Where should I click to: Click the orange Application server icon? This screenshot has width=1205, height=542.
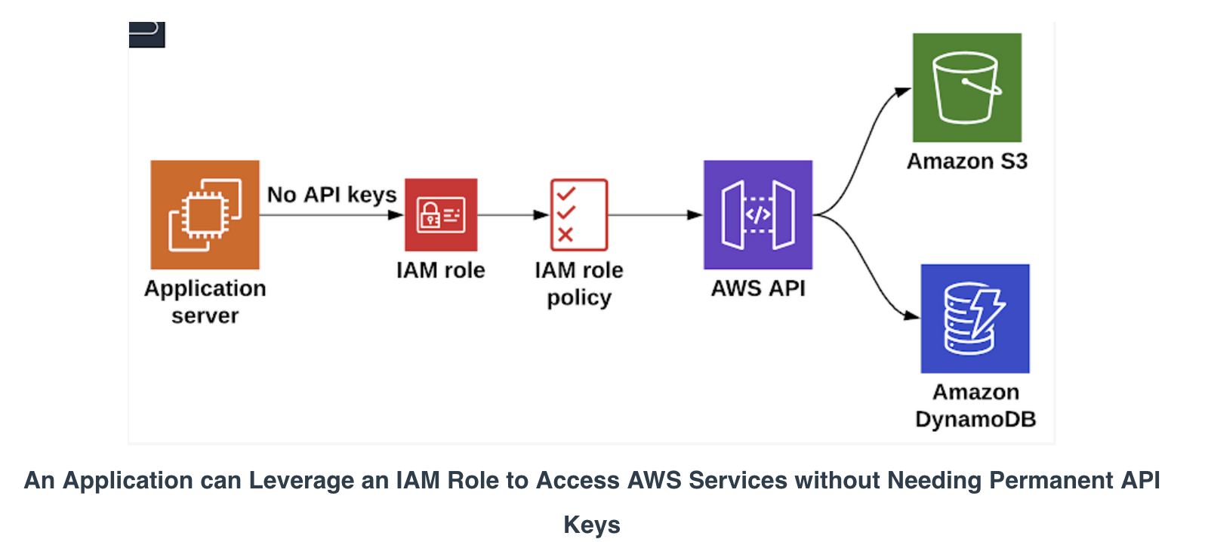(x=205, y=214)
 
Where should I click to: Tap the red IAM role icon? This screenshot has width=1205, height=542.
(x=441, y=214)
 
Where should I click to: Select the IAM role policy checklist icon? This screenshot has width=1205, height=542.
(x=579, y=214)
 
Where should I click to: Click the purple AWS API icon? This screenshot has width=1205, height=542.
(x=758, y=214)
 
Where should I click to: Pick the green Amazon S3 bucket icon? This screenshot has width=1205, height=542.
(x=966, y=88)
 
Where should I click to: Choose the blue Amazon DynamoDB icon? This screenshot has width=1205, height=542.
(x=975, y=318)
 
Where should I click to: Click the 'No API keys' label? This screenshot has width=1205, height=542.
(x=331, y=195)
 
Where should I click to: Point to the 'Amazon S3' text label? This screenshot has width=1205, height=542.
(x=966, y=162)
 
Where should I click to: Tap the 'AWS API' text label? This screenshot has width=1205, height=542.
(x=758, y=288)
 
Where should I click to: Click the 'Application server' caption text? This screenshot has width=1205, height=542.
(x=205, y=302)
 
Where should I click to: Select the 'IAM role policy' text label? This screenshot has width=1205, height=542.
(x=579, y=283)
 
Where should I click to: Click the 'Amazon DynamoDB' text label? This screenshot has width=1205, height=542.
(x=975, y=405)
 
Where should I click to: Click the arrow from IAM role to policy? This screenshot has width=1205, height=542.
(x=513, y=215)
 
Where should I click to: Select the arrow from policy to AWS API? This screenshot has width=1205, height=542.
(x=655, y=215)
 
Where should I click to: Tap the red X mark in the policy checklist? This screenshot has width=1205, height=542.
(x=566, y=235)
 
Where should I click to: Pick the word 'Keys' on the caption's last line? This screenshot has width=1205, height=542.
(x=592, y=525)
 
